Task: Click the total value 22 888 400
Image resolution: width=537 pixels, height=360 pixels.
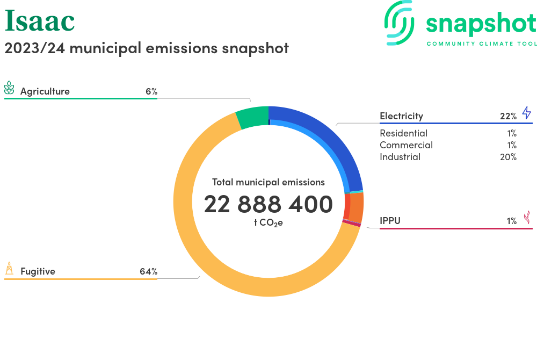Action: pyautogui.click(x=268, y=205)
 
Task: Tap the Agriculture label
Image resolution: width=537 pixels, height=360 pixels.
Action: pyautogui.click(x=45, y=91)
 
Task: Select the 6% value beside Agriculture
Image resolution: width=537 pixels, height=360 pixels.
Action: pyautogui.click(x=151, y=91)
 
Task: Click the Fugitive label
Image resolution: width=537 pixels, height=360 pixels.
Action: pyautogui.click(x=38, y=271)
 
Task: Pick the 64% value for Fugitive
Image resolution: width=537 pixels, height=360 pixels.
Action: pyautogui.click(x=148, y=271)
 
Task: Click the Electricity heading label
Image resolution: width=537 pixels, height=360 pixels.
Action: pyautogui.click(x=401, y=116)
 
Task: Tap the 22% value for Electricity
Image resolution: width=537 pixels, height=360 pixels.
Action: pyautogui.click(x=507, y=116)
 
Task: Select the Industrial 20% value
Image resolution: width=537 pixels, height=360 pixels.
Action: pyautogui.click(x=507, y=157)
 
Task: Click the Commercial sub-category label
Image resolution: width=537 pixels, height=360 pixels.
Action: pyautogui.click(x=406, y=145)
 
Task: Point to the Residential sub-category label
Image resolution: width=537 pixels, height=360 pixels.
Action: pyautogui.click(x=403, y=133)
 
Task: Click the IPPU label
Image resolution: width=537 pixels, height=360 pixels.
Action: pyautogui.click(x=390, y=220)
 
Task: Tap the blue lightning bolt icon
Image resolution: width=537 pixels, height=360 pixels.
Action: pyautogui.click(x=526, y=113)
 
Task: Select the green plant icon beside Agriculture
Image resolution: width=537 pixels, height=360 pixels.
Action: pyautogui.click(x=9, y=89)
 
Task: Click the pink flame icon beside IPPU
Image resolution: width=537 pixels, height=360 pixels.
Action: pyautogui.click(x=527, y=217)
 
